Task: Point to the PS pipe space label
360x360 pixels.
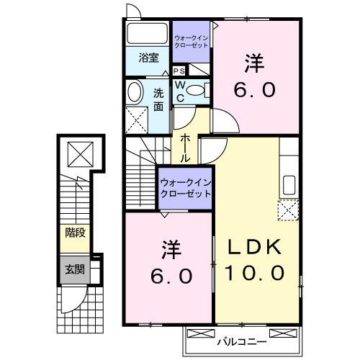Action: point(179,71)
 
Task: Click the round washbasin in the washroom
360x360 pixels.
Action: point(135,91)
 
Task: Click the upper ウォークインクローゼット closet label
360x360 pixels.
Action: point(191,40)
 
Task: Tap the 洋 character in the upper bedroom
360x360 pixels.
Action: point(253,63)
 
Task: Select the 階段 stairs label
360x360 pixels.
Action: point(74,233)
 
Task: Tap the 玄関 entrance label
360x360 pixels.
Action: point(74,270)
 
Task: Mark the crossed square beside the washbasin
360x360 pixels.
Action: point(134,117)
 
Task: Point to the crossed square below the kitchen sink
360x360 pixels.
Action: point(288,210)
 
